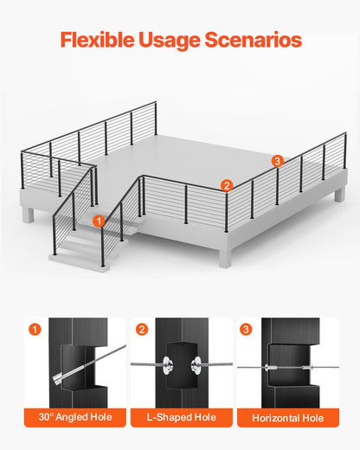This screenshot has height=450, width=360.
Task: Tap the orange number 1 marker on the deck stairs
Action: (x=100, y=221)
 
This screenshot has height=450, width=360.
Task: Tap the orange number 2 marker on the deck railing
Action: (x=226, y=184)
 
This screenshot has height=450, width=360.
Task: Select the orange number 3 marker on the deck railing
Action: (x=277, y=160)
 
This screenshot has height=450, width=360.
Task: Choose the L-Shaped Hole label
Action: (x=179, y=418)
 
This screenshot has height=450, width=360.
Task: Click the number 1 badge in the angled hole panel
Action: (x=35, y=329)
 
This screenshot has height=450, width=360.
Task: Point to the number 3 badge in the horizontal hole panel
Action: (x=247, y=329)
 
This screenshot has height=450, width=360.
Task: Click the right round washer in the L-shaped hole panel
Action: (x=196, y=364)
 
